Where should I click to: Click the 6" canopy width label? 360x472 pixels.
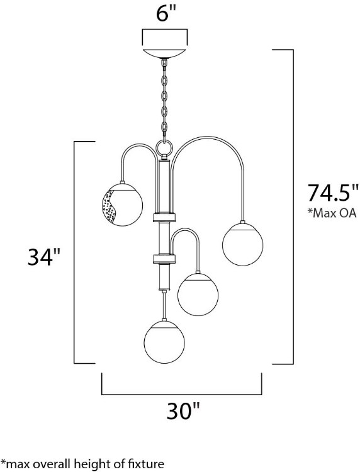(x=164, y=14)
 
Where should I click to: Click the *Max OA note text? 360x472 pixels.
(x=332, y=213)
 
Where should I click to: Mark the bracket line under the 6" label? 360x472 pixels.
(x=165, y=30)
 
